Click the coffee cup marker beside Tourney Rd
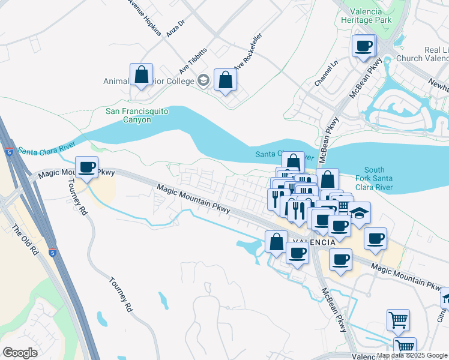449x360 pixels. pos(87,167)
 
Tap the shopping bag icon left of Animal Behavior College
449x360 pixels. pos(141,76)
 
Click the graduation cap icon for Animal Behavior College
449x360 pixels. pos(203,80)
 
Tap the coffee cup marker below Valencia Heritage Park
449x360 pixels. pos(363,46)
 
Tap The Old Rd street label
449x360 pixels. pos(23,239)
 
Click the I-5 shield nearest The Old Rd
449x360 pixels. pos(53,253)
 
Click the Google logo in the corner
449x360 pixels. pos(20,353)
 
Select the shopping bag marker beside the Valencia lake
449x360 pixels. pos(276,242)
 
